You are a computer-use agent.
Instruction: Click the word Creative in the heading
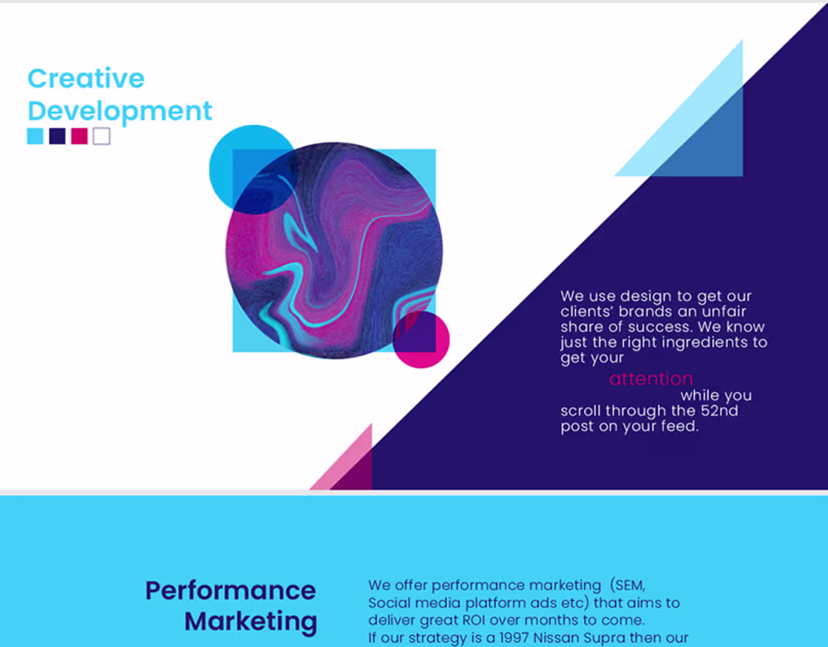(86, 78)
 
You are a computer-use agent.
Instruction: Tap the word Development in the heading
(120, 111)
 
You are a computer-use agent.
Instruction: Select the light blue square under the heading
(35, 136)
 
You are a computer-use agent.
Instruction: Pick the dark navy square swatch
(57, 136)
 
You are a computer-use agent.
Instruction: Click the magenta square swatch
(79, 136)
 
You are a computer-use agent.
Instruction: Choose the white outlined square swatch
(102, 136)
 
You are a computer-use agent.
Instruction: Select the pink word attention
(651, 379)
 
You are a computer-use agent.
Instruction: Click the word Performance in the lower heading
(230, 591)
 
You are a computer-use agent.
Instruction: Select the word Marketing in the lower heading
(251, 622)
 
